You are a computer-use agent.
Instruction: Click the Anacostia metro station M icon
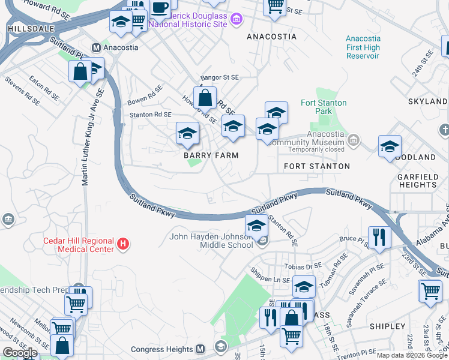pos(95,47)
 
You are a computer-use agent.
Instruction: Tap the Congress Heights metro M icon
pos(201,349)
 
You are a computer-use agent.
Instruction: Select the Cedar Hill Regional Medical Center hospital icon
pos(123,244)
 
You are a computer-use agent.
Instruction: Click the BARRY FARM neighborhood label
pos(211,155)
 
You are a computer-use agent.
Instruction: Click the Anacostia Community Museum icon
pos(354,142)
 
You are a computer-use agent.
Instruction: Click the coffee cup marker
pos(159,8)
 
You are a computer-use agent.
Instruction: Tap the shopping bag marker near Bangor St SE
pos(205,98)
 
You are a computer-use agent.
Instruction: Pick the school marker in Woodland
pos(390,146)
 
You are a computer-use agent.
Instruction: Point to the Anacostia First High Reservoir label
pos(363,47)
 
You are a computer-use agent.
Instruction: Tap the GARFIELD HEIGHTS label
pos(417,181)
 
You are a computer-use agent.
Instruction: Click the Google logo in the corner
pos(20,353)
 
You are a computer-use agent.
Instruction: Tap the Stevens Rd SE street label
pos(19,86)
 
